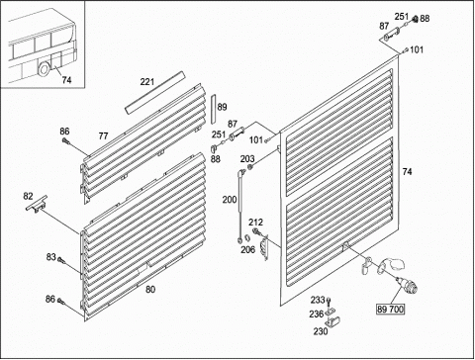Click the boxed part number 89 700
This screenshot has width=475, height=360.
tap(391, 310)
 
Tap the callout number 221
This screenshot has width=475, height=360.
tap(147, 81)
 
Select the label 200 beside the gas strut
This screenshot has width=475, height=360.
tap(230, 200)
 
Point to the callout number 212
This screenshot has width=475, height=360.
tap(255, 223)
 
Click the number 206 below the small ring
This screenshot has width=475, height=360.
tap(247, 249)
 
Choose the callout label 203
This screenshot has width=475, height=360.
tap(247, 159)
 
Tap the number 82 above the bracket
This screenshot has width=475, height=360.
tap(28, 196)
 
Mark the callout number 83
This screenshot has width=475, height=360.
tap(51, 257)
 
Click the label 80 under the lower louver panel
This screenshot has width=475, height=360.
tap(150, 290)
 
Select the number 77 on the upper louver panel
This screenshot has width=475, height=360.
tap(103, 135)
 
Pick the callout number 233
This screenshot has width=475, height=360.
tap(318, 300)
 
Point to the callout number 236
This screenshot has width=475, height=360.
tap(317, 315)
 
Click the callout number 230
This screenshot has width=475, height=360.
tap(321, 331)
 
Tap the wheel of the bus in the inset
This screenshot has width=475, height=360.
tap(44, 68)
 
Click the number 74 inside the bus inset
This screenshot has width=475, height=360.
tap(66, 80)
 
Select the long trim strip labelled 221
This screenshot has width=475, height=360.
tap(154, 93)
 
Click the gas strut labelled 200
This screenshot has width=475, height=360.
tap(240, 206)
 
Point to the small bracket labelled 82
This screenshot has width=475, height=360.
tap(37, 204)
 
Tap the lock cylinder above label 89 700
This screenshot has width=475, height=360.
tap(407, 284)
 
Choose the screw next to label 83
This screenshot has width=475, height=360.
tap(61, 260)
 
